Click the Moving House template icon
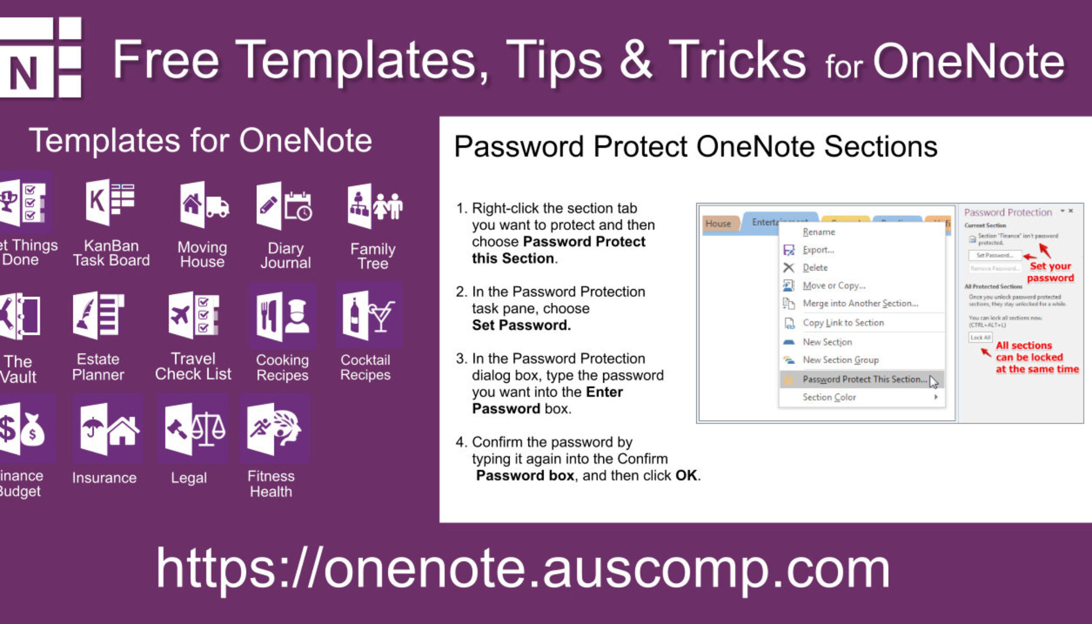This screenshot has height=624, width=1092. pyautogui.click(x=203, y=205)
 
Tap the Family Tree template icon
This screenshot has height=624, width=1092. pyautogui.click(x=374, y=205)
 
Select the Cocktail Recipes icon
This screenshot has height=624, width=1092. pyautogui.click(x=368, y=316)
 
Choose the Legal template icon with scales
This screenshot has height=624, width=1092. pyautogui.click(x=193, y=429)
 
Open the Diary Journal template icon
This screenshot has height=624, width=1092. pyautogui.click(x=284, y=205)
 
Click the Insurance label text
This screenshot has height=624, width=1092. pyautogui.click(x=104, y=477)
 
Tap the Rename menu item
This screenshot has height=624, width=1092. pyautogui.click(x=818, y=232)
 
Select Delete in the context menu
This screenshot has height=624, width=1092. pyautogui.click(x=815, y=268)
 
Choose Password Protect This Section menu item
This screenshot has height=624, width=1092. pyautogui.click(x=864, y=379)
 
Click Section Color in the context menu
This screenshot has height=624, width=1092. pyautogui.click(x=829, y=397)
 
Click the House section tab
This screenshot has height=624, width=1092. pyautogui.click(x=718, y=224)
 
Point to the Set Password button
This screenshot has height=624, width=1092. pyautogui.click(x=994, y=255)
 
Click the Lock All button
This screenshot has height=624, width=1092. pyautogui.click(x=980, y=337)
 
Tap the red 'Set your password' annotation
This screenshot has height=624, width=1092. pyautogui.click(x=1050, y=272)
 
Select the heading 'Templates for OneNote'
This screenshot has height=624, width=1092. pyautogui.click(x=201, y=140)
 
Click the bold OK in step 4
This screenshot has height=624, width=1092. pyautogui.click(x=686, y=475)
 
